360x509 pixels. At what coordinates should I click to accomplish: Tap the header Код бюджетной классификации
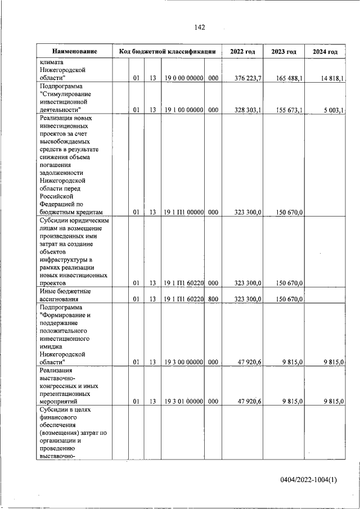(166, 52)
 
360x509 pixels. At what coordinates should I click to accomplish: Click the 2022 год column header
(242, 52)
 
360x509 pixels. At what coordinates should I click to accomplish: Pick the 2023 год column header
(283, 52)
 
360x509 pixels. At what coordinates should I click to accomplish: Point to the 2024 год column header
(325, 52)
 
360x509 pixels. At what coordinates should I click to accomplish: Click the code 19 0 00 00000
(183, 78)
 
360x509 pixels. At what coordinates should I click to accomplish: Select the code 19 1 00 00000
(183, 111)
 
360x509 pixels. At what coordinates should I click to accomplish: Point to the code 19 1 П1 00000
(183, 212)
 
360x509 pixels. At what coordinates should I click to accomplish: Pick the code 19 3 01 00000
(183, 401)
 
